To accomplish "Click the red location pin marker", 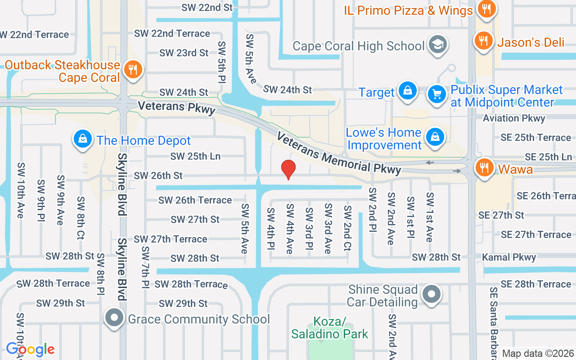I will [288, 169].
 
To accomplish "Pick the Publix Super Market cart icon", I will [436, 94].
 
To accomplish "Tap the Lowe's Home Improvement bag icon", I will [435, 137].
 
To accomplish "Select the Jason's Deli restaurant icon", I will [484, 41].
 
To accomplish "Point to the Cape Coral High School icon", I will [436, 45].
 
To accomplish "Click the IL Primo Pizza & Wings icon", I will [486, 9].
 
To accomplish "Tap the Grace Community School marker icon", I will [114, 318].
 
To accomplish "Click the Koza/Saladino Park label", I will [329, 328].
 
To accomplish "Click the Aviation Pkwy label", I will [514, 118].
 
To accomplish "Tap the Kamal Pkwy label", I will [509, 257].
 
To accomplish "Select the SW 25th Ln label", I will [195, 156].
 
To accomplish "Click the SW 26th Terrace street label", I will [195, 200].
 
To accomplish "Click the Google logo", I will [30, 349].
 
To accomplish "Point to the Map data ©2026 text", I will [538, 353].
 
